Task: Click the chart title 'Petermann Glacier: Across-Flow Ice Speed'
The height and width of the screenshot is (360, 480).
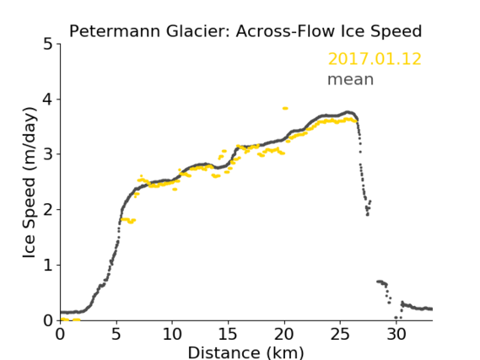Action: tap(245, 31)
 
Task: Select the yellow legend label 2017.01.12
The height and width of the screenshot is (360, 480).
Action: tap(375, 59)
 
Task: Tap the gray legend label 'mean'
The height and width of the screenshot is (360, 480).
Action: tap(351, 79)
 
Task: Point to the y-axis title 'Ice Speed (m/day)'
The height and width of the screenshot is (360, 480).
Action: tap(30, 183)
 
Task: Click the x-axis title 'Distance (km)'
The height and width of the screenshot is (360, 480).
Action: tap(245, 352)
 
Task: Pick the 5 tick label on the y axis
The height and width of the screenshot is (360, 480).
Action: tap(48, 44)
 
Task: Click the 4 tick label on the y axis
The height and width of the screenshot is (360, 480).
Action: tap(48, 99)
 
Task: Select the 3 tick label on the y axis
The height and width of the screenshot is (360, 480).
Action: tap(48, 154)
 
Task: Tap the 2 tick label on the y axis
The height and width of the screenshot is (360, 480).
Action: tap(48, 210)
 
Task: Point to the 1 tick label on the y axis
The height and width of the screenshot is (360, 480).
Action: tap(48, 265)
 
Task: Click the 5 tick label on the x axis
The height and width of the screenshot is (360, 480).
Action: tap(116, 334)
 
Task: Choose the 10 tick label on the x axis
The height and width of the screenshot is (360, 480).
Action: tap(172, 334)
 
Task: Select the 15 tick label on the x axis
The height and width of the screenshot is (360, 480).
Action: tap(228, 334)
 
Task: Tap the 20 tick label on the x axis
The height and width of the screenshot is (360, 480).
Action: tap(284, 334)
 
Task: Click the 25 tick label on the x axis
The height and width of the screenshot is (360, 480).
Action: tap(340, 334)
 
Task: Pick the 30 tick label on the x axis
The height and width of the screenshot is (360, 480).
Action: tap(396, 334)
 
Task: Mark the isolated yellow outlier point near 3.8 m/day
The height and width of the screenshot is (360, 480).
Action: tap(285, 108)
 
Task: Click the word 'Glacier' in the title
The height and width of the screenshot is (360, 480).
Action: tap(198, 31)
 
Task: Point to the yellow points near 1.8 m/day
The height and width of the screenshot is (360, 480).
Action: tap(128, 220)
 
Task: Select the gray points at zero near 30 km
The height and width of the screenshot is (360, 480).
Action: tap(398, 318)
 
